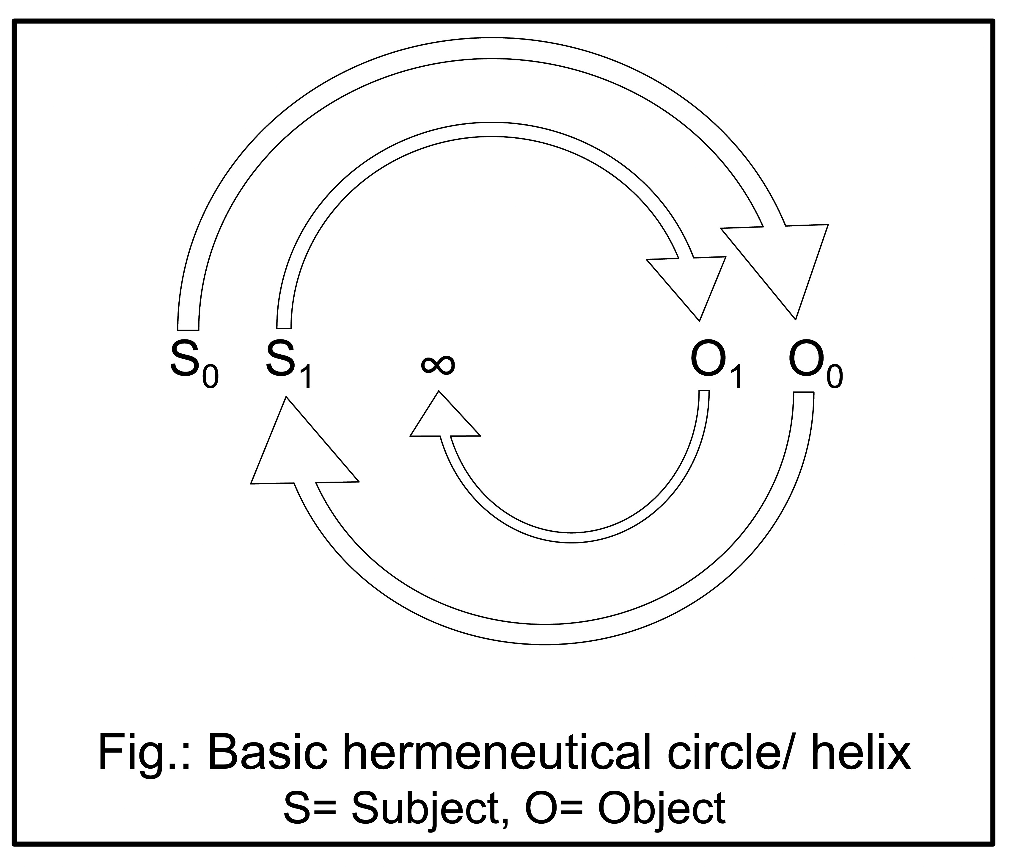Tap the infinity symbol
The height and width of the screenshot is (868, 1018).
pos(438,364)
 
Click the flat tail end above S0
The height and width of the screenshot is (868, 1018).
pos(188,325)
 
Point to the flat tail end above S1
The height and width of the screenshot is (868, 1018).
pos(284,323)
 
